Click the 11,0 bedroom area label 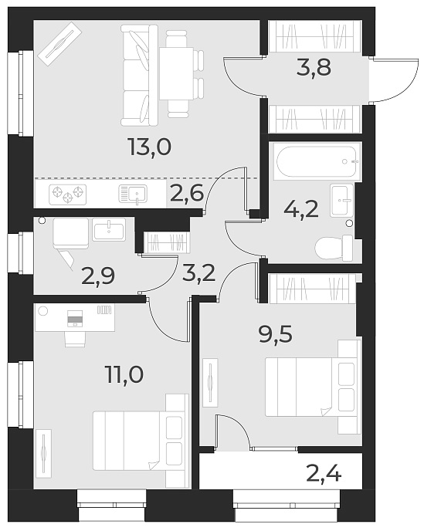(x=124, y=376)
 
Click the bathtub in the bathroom (x=317, y=162)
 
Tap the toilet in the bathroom (x=334, y=248)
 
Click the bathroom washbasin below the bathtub (x=341, y=200)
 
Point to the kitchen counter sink (x=131, y=194)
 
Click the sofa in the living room (x=140, y=75)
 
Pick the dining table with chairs (x=176, y=73)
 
